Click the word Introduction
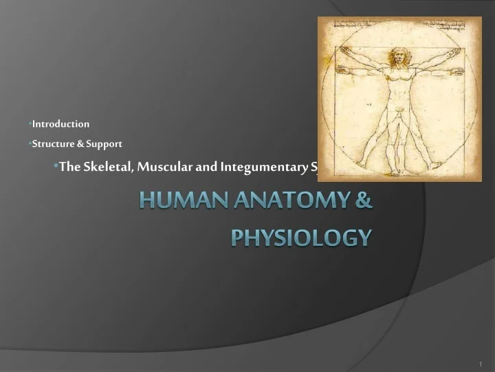pyautogui.click(x=61, y=124)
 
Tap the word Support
pyautogui.click(x=104, y=144)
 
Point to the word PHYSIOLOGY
pyautogui.click(x=301, y=238)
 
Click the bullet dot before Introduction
pyautogui.click(x=30, y=124)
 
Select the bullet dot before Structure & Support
pyautogui.click(x=30, y=144)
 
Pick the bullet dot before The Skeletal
pyautogui.click(x=56, y=167)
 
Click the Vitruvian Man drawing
pyautogui.click(x=399, y=99)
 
